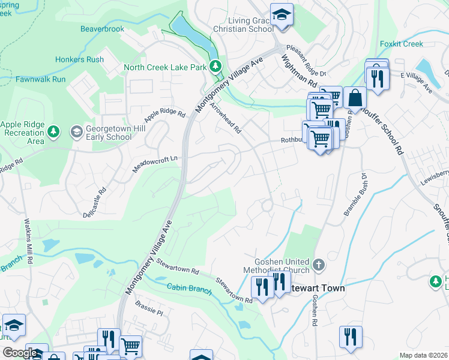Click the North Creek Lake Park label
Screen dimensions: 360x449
(165, 67)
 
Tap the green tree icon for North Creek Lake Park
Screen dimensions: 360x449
(216, 67)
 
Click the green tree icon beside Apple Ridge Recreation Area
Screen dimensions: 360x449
(54, 131)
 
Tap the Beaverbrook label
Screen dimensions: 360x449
(102, 28)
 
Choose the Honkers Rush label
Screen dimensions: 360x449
(79, 59)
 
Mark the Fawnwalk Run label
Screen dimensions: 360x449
(40, 79)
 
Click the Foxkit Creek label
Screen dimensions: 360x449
(402, 44)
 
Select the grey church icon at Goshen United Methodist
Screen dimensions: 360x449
(319, 264)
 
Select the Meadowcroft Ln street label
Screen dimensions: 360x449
(155, 164)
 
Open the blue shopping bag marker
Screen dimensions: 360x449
(355, 98)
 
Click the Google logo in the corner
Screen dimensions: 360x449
(20, 353)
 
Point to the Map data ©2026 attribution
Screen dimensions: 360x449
(423, 355)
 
